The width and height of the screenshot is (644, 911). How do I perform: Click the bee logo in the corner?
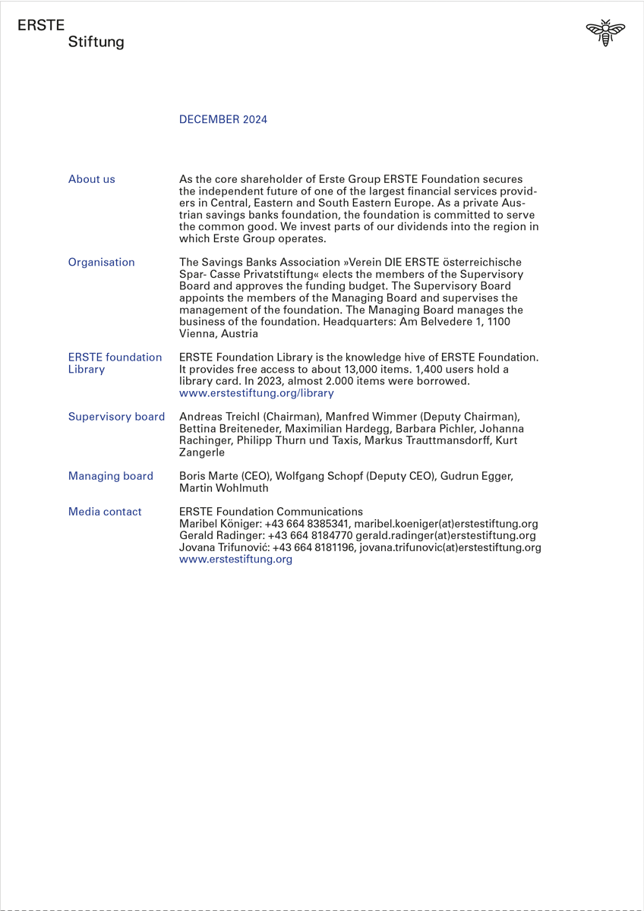point(605,33)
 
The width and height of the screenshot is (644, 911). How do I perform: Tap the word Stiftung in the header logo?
point(96,43)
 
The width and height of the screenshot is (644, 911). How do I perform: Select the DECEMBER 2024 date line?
point(223,119)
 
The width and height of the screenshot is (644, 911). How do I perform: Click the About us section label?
point(92,179)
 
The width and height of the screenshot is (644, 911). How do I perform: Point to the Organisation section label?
point(102,262)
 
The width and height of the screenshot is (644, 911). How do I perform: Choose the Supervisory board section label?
point(116,417)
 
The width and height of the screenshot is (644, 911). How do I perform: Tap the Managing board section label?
point(111,476)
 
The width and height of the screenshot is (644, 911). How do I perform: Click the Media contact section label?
point(105,512)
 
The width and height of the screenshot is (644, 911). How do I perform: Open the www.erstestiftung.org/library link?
point(256,393)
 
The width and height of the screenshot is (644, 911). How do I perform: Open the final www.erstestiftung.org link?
point(235,559)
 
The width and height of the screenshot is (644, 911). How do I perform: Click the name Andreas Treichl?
point(219,417)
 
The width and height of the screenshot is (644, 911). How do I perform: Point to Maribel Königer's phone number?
point(307,524)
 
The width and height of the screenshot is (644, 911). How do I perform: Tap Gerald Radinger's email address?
point(446,535)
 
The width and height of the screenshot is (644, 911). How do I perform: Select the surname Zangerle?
point(202,452)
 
